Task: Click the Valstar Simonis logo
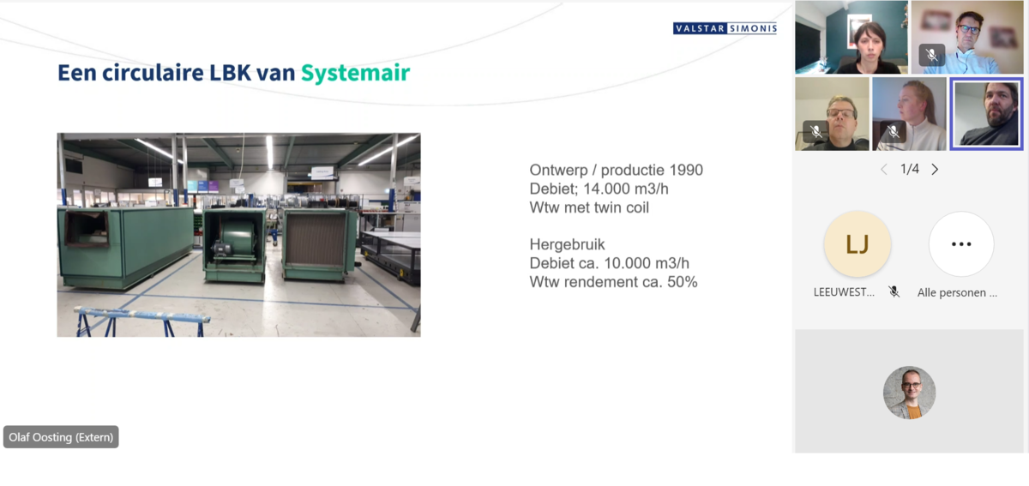[x=725, y=28]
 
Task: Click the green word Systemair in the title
[x=355, y=73]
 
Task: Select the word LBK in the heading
[x=230, y=73]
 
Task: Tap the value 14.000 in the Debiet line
[x=607, y=189]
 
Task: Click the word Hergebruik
[x=568, y=244]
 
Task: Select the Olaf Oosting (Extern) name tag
[x=61, y=437]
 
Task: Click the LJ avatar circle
[x=857, y=244]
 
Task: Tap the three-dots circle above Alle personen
[x=961, y=244]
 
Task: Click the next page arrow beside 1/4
[x=935, y=170]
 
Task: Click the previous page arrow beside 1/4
[x=884, y=170]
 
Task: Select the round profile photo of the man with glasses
[x=909, y=393]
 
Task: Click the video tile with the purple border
[x=986, y=114]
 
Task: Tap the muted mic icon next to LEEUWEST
[x=894, y=291]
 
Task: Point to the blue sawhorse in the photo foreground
[x=143, y=321]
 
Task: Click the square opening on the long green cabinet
[x=87, y=228]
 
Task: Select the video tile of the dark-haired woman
[x=851, y=37]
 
